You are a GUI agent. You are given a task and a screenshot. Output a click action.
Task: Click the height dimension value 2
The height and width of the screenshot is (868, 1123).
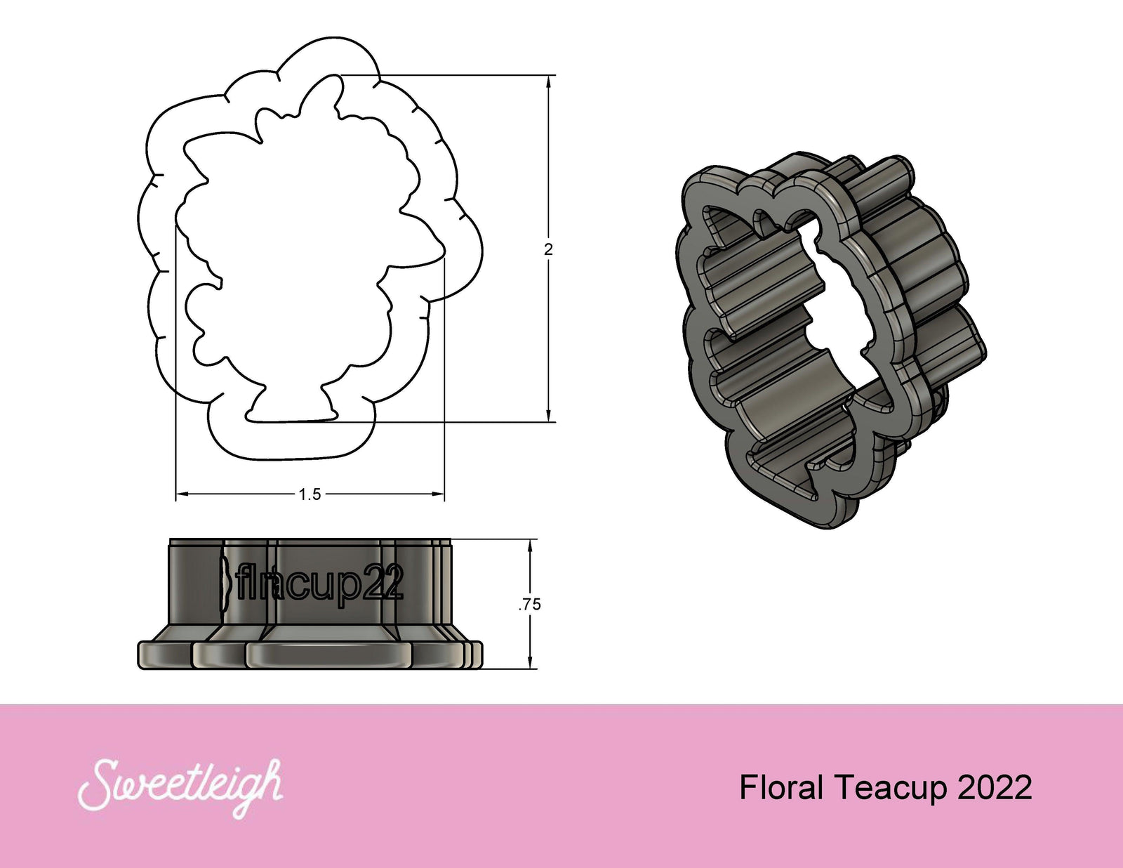548,249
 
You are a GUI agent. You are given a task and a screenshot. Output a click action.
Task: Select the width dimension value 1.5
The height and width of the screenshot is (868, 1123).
310,494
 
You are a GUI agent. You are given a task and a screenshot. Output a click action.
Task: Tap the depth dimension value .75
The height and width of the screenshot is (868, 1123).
530,604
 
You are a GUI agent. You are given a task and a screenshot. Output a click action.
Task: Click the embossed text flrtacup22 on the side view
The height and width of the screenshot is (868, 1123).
319,583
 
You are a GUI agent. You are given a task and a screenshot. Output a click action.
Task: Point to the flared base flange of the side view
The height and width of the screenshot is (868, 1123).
309,653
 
